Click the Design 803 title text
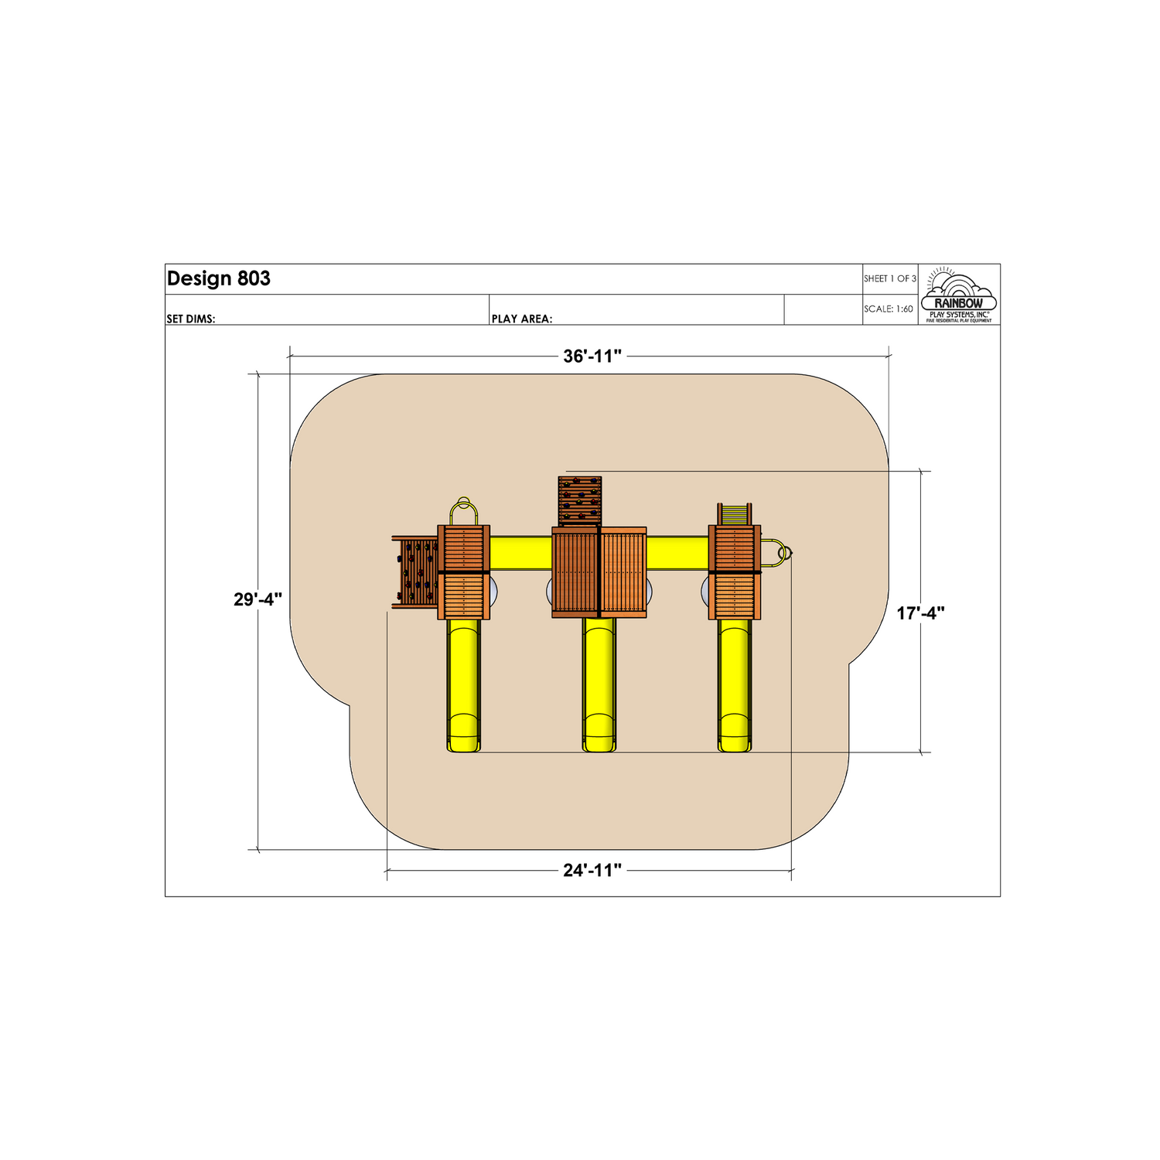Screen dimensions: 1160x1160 coord(219,279)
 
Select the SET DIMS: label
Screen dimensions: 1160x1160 coord(191,319)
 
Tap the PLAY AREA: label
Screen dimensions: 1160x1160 coord(522,319)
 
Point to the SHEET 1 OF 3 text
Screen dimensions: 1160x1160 coord(890,278)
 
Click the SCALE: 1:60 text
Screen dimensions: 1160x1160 coord(889,309)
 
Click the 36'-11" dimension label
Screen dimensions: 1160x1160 coord(592,357)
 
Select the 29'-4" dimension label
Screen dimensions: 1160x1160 coord(258,599)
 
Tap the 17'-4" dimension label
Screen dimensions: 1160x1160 coord(921,613)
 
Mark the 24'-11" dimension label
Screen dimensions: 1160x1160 coord(592,871)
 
